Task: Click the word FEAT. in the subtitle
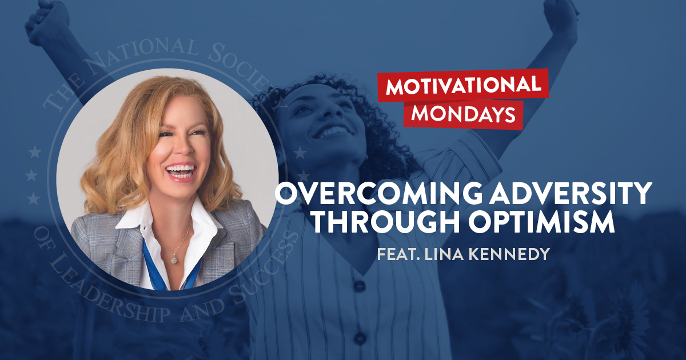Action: point(396,253)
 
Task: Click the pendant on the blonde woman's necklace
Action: point(174,261)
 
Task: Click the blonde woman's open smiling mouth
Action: point(181,172)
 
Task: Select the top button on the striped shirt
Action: point(360,286)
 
